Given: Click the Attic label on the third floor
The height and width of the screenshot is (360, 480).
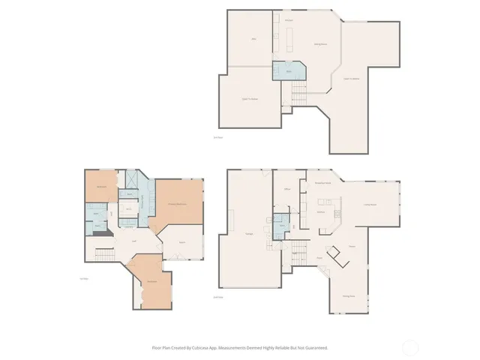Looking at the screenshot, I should click(253, 38).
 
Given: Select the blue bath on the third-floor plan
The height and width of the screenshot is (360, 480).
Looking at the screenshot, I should click(287, 72).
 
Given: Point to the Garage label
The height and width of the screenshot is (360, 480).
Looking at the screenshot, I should click(248, 234).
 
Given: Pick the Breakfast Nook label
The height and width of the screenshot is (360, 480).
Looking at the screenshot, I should click(322, 183).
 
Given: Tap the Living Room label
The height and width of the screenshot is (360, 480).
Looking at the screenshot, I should click(370, 203).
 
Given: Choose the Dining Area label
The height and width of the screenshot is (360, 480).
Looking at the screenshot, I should click(349, 296).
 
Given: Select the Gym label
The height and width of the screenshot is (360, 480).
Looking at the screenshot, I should click(182, 242).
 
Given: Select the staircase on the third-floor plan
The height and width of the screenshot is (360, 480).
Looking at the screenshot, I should click(299, 94).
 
